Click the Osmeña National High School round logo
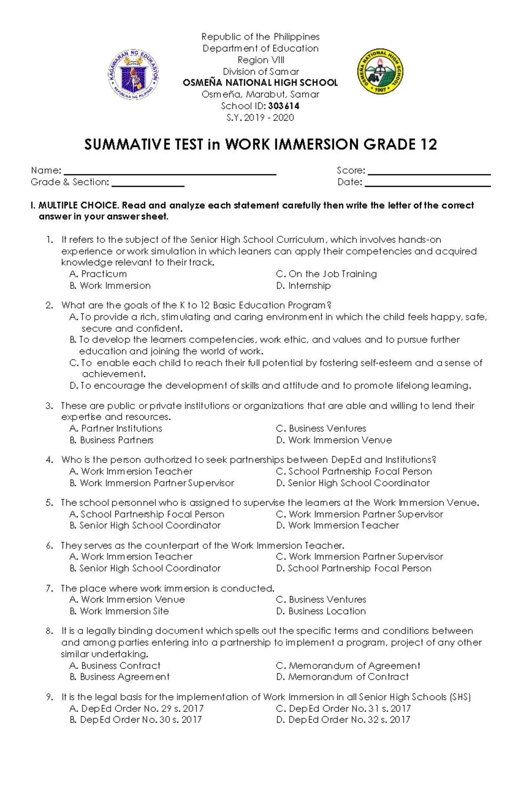coord(380,72)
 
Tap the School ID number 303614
coord(284,106)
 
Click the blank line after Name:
coord(169,172)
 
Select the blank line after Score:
coord(429,172)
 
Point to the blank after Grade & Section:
coord(148,183)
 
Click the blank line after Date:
coord(427,183)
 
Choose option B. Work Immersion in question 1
coord(110,286)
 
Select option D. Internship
coord(303,286)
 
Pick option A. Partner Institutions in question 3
coord(116,429)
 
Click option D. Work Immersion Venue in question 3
coord(334,440)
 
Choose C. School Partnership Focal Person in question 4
coord(354,472)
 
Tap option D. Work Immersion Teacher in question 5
coord(337,526)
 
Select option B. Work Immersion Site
coord(119,611)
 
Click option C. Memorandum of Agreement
coord(348,666)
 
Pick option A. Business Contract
coord(115,666)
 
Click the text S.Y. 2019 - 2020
coord(260,118)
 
